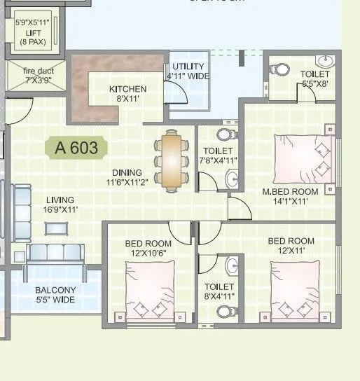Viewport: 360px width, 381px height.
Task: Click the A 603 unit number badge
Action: pyautogui.click(x=76, y=148)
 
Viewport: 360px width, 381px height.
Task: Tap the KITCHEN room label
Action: pyautogui.click(x=127, y=89)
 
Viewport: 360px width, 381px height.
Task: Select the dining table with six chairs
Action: pyautogui.click(x=172, y=160)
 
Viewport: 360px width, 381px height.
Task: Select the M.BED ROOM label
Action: pyautogui.click(x=290, y=192)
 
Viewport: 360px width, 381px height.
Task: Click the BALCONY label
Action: pyautogui.click(x=57, y=290)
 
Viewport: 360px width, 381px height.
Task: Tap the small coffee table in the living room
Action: pyautogui.click(x=56, y=228)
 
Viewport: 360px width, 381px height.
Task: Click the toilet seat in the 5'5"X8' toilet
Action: pyautogui.click(x=280, y=69)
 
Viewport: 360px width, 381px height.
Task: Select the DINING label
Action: pyautogui.click(x=126, y=173)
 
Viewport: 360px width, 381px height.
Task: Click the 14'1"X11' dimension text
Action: pyautogui.click(x=290, y=201)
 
